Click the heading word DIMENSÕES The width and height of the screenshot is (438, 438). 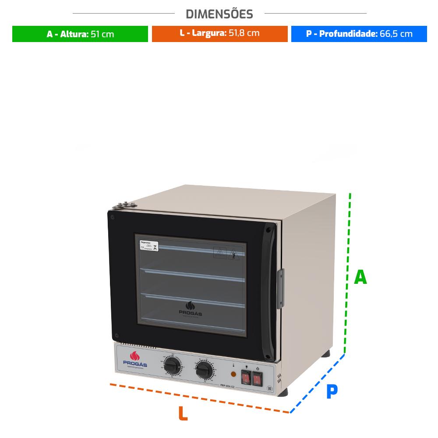[219, 14]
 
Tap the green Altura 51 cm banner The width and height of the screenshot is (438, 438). [80, 34]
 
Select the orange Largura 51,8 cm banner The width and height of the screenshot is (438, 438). [219, 33]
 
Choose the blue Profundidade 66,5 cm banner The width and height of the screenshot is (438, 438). [359, 34]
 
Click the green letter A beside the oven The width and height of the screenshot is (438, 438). [360, 277]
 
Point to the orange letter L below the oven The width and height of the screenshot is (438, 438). [183, 413]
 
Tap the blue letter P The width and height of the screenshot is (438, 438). [332, 392]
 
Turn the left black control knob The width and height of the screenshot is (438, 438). [172, 366]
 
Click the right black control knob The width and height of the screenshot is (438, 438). [204, 371]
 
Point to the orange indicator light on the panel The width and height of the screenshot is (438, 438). [233, 374]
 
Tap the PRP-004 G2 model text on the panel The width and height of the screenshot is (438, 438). [228, 385]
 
